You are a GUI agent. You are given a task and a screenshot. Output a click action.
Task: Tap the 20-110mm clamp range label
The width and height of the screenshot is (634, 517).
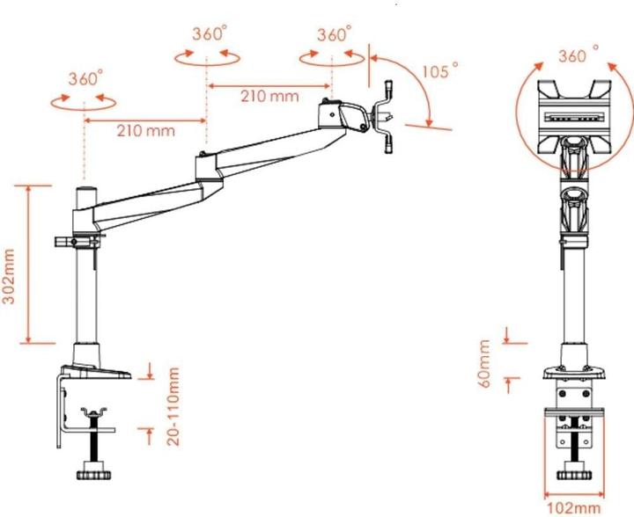[x=173, y=406]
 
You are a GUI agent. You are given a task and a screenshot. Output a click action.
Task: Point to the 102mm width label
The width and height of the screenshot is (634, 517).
[x=573, y=507]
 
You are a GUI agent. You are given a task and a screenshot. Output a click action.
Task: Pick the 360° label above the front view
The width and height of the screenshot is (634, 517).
[x=579, y=55]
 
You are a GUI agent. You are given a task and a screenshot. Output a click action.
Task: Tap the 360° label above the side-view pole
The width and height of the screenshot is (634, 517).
[x=85, y=77]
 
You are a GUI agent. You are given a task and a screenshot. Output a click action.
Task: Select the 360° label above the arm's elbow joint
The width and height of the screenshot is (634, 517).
[x=209, y=34]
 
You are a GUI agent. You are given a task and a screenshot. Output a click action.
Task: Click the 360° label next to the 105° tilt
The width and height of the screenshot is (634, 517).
[x=334, y=35]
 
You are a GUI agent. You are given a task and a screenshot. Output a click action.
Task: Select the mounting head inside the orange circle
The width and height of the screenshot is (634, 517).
[x=574, y=114]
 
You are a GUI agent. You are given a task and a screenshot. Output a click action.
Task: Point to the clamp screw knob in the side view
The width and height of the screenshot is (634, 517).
[x=92, y=475]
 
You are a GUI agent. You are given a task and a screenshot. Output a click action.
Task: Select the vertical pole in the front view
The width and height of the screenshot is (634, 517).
[x=574, y=290]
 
